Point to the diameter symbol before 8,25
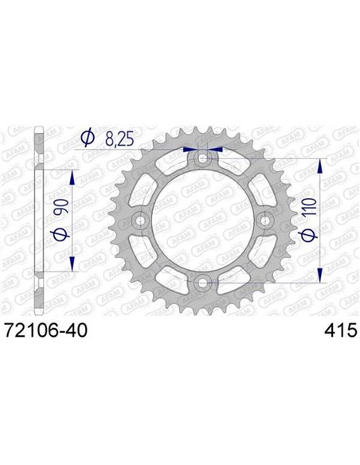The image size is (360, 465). (88, 139)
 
